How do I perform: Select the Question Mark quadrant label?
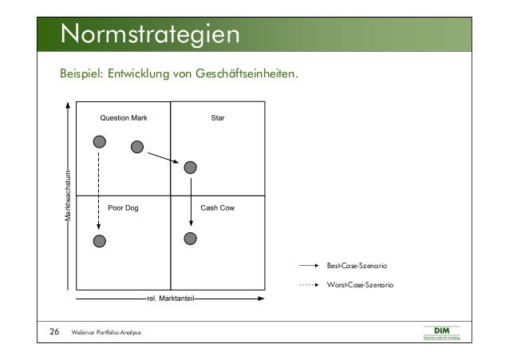click(x=123, y=118)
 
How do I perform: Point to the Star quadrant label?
click(x=217, y=118)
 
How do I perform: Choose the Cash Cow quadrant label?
click(x=217, y=208)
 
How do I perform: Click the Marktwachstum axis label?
click(x=69, y=196)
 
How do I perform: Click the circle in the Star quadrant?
click(x=190, y=167)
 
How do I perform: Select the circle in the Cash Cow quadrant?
click(x=190, y=238)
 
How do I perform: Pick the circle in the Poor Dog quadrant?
click(x=99, y=241)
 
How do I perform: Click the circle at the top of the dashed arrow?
click(x=99, y=142)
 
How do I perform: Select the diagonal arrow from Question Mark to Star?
click(x=164, y=156)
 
